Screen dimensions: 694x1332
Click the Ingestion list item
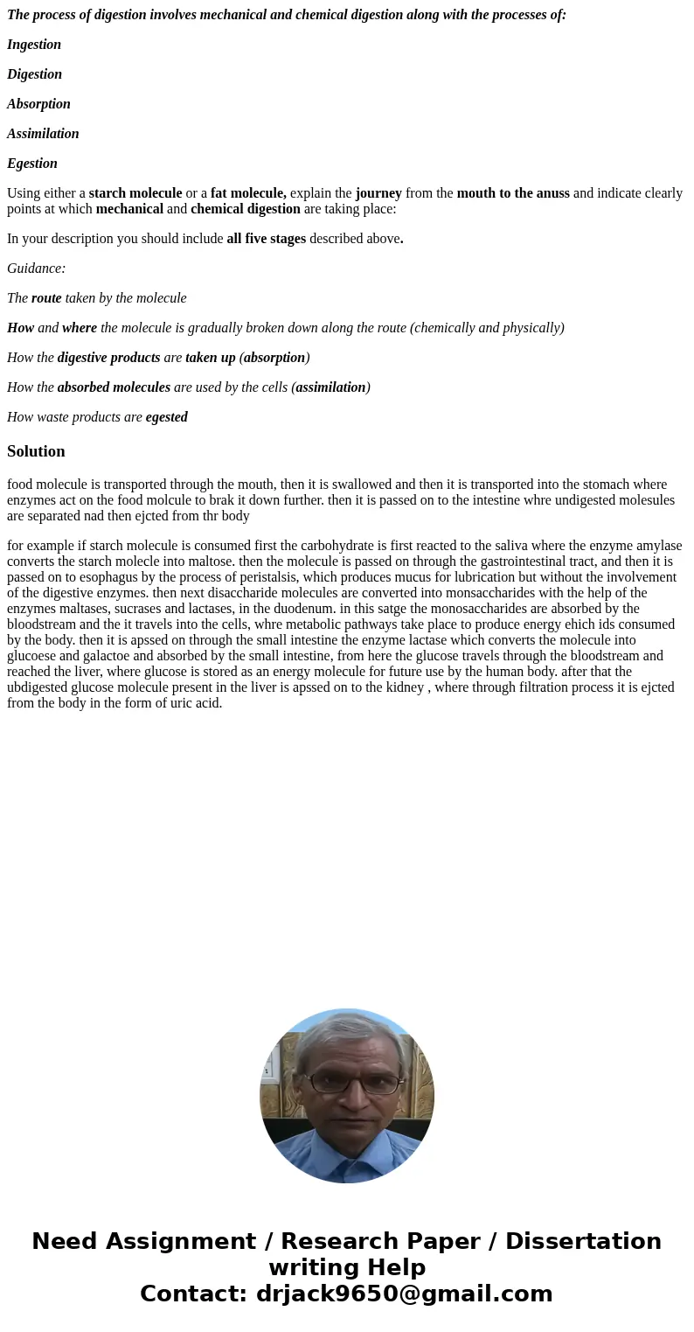tap(34, 45)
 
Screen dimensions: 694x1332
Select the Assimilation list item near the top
tap(43, 134)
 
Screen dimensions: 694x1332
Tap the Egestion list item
tap(32, 164)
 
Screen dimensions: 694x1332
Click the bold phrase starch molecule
tap(135, 193)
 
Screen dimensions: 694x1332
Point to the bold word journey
tap(378, 193)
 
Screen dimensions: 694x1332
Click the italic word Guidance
tap(36, 268)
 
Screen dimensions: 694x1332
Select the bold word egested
tap(166, 417)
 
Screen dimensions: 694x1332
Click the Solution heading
tap(36, 451)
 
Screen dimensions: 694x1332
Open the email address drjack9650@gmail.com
tap(404, 1294)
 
